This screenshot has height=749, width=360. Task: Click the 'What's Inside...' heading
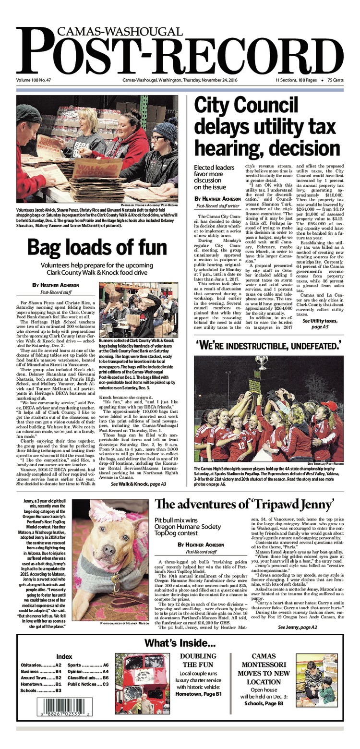180,643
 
